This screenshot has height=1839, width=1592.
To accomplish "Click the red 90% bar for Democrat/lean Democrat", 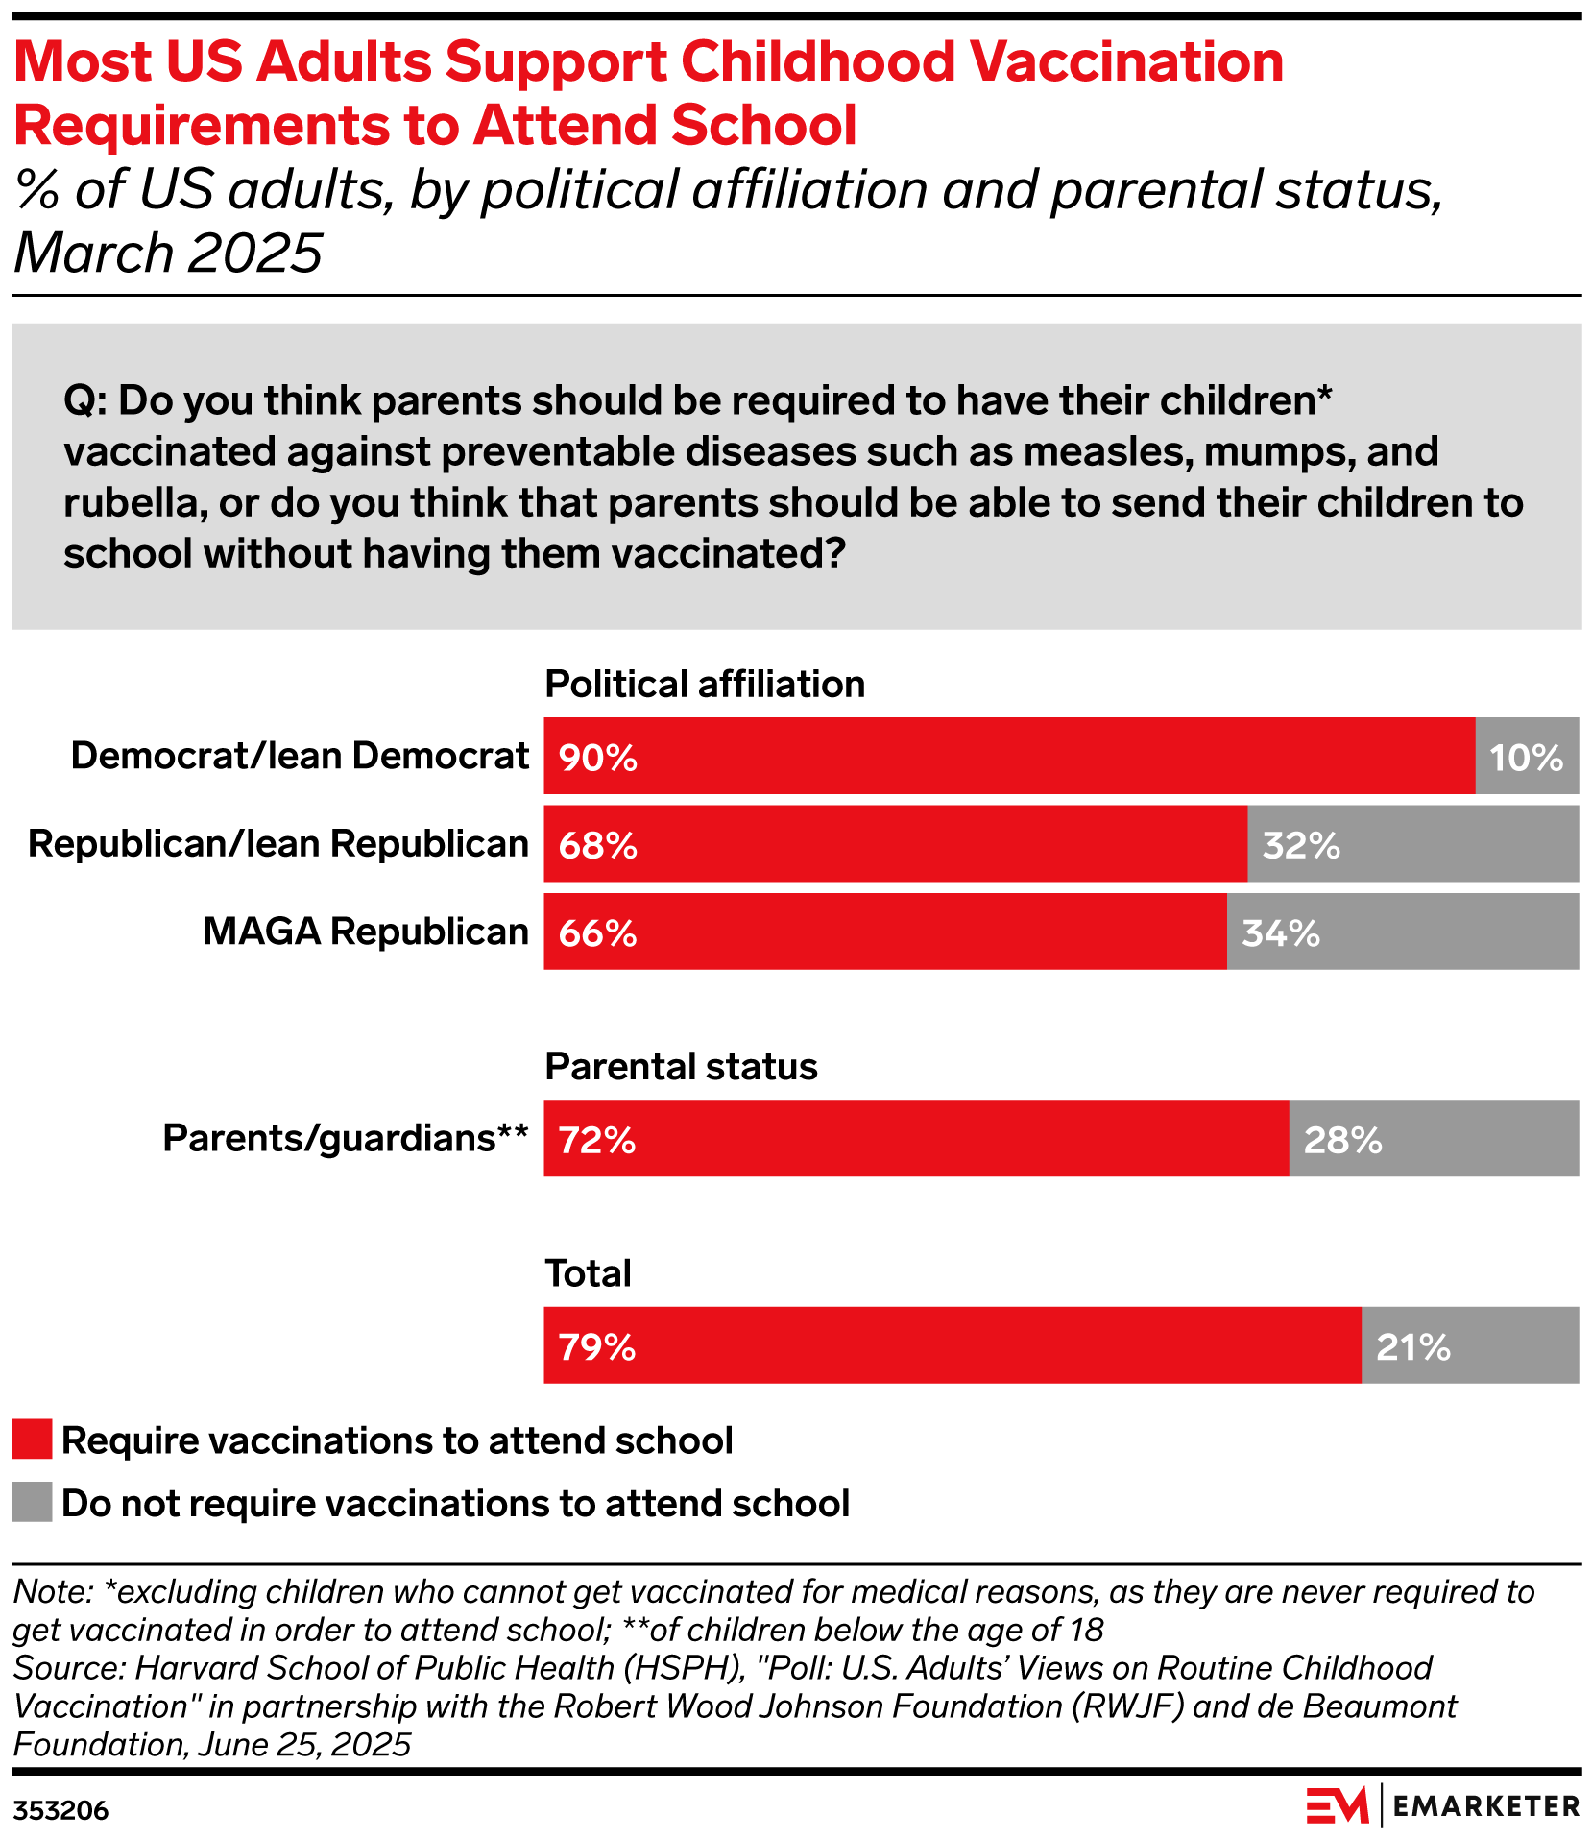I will click(x=1008, y=756).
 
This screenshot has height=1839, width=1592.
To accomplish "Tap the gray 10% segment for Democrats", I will click(x=1527, y=756).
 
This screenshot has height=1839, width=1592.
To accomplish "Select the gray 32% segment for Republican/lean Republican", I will click(x=1412, y=844).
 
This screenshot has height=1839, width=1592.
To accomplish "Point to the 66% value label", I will click(x=598, y=933).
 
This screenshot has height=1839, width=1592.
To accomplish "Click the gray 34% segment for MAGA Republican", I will click(x=1402, y=932).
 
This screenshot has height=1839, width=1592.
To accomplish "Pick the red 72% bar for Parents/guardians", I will click(x=916, y=1138).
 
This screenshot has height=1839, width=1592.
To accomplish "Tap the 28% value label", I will click(x=1342, y=1140).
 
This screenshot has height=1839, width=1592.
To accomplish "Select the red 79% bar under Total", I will click(x=952, y=1344).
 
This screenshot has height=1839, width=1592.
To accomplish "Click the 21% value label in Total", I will click(x=1412, y=1347).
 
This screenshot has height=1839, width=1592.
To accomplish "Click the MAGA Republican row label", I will click(x=366, y=932).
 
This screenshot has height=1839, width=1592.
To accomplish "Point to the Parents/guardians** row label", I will click(x=346, y=1138).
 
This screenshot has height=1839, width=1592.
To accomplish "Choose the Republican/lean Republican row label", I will click(x=278, y=844).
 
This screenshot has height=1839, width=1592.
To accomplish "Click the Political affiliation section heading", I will click(x=705, y=685).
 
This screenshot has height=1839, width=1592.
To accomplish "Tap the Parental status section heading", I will click(x=681, y=1067).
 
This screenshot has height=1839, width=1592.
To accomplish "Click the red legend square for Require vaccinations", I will click(x=33, y=1440).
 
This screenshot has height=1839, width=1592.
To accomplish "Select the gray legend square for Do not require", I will click(x=33, y=1503).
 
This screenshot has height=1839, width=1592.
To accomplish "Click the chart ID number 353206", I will click(x=60, y=1811).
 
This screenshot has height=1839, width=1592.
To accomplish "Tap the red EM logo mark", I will click(x=1337, y=1806).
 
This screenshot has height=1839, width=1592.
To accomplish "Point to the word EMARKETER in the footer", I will click(x=1485, y=1806).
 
